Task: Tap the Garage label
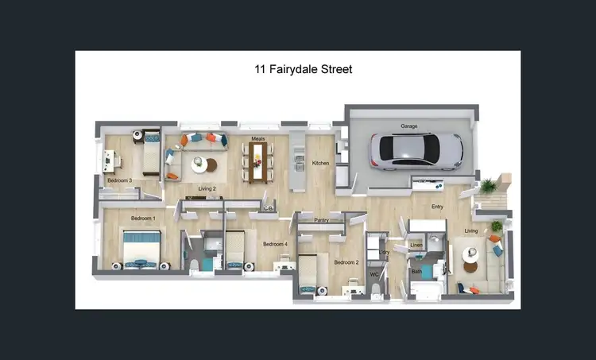(408, 126)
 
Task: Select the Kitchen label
(320, 163)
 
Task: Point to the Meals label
(257, 138)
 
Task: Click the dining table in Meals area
(257, 161)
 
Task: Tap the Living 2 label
(207, 188)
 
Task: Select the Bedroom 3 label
(119, 180)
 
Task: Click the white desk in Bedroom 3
(109, 161)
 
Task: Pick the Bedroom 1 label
(143, 218)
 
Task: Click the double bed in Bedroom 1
(141, 248)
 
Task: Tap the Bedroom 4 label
(275, 244)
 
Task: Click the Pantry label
(321, 219)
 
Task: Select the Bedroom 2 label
(346, 262)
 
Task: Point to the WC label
(373, 275)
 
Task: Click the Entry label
(437, 207)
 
